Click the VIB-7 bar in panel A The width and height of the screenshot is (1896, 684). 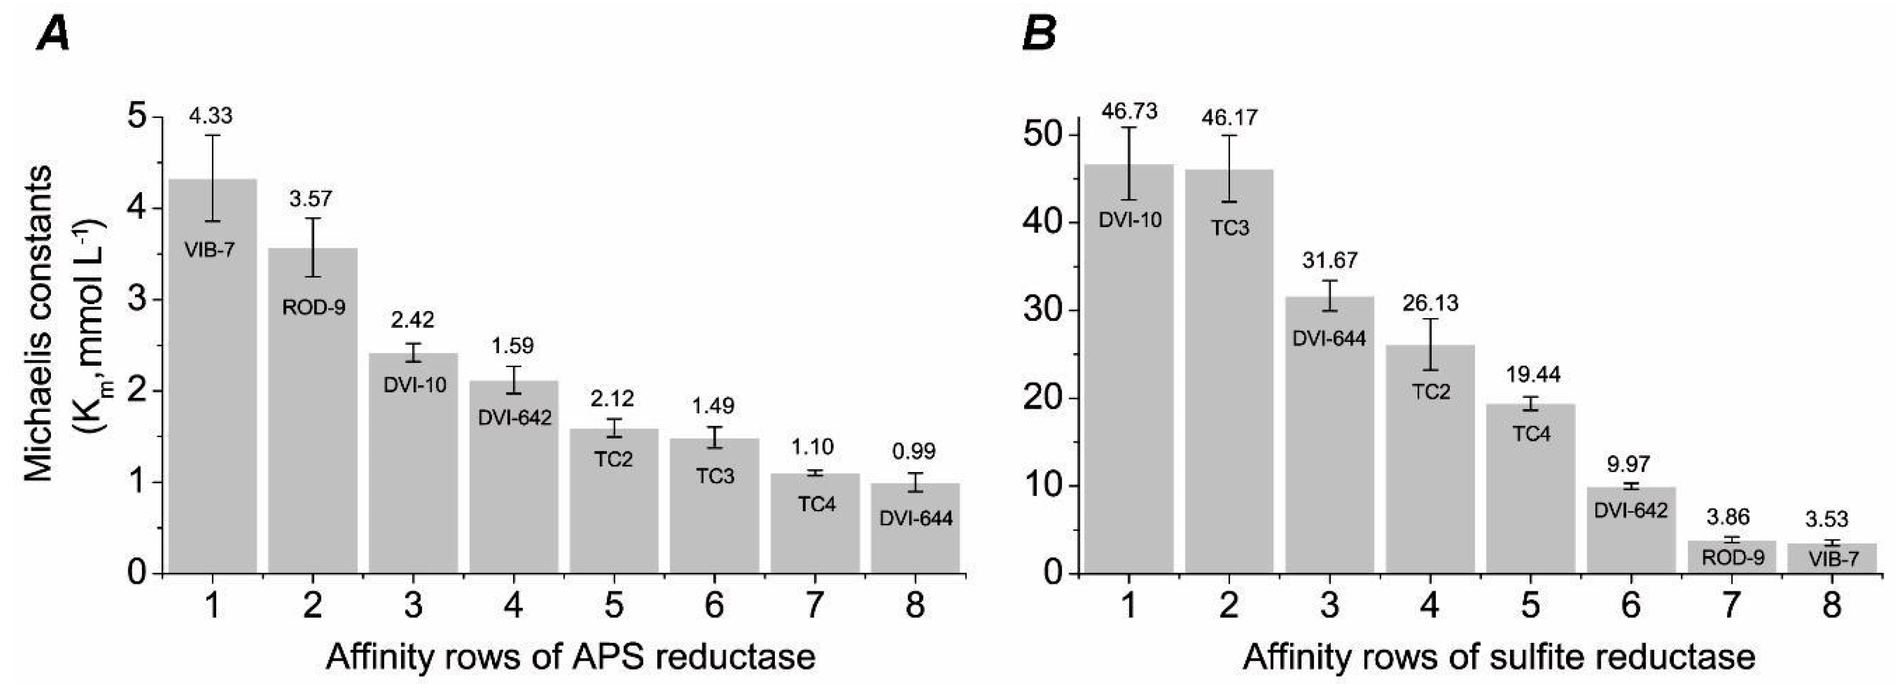213,383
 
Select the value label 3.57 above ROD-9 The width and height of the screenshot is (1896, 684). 310,199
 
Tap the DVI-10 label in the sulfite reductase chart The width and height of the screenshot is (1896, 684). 1130,220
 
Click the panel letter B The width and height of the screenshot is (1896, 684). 1039,35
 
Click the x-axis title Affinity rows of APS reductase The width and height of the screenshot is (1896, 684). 571,656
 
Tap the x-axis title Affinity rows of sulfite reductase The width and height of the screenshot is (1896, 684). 1499,656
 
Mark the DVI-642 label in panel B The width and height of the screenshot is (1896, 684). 1630,509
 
